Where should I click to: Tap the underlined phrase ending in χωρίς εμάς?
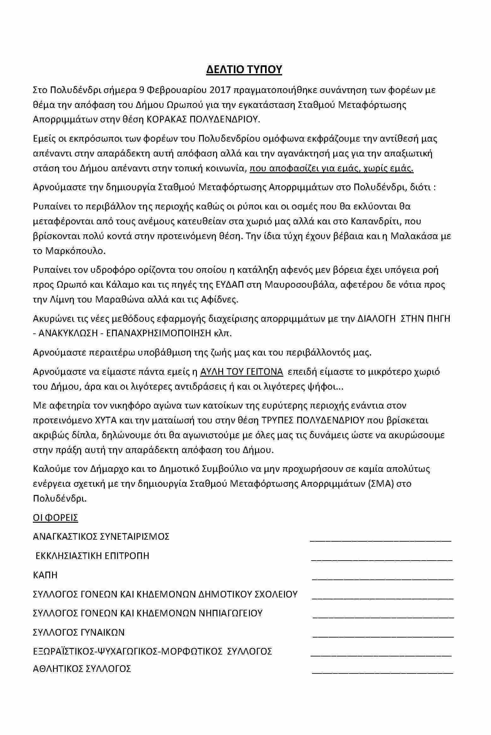331,168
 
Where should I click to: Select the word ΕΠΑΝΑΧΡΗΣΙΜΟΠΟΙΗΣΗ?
159,333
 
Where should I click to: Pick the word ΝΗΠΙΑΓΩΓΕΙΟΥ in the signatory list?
230,613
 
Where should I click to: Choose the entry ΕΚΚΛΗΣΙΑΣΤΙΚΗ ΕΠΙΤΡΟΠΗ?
92,556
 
